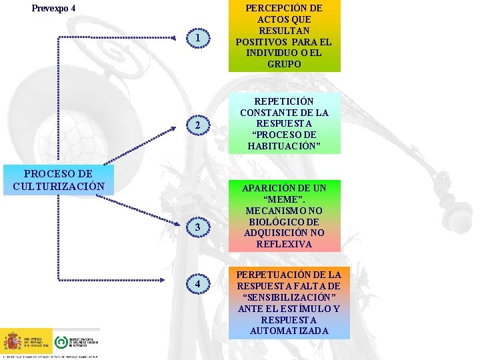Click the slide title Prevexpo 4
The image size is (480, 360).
coord(54,9)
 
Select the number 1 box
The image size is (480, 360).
coord(198,38)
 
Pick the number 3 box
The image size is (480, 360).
coord(198,229)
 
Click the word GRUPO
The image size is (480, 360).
coord(284,65)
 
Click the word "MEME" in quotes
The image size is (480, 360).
coord(284,199)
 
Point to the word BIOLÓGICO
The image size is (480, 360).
coord(284,221)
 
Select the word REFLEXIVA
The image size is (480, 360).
coord(284,244)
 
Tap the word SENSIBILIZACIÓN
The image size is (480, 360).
coord(284,297)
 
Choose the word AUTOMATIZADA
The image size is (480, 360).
coord(284,331)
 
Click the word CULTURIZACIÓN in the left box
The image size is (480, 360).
coord(59,185)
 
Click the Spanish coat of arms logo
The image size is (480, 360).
coord(13,341)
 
